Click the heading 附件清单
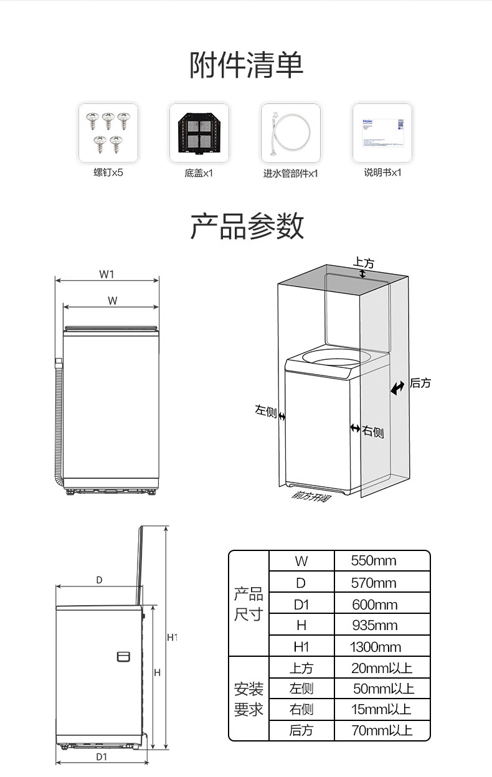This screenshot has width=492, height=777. coord(246,65)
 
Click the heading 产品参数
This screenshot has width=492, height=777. coord(246,226)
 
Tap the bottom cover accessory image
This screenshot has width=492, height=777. coord(199,133)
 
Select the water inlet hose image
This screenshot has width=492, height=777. coord(290,133)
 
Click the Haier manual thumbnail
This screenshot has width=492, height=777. coord(382,133)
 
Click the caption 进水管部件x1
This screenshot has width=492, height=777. coord(290,173)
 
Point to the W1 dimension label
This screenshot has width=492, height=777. coord(106,273)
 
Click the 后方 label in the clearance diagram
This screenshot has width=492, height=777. coord(420,384)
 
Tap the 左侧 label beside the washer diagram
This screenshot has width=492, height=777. coord(265,411)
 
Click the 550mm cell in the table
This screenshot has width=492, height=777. coord(374,561)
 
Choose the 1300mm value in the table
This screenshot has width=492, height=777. coord(376,647)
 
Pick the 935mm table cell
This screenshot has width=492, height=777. coord(374,625)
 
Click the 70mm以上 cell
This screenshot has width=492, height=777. coord(382,730)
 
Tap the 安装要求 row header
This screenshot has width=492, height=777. coord(248,699)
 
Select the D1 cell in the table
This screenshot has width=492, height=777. coord(301,605)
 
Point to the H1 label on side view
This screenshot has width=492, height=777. coord(173,638)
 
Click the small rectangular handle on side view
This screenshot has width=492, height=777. coord(123,657)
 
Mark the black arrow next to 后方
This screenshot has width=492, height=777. coord(397,388)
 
